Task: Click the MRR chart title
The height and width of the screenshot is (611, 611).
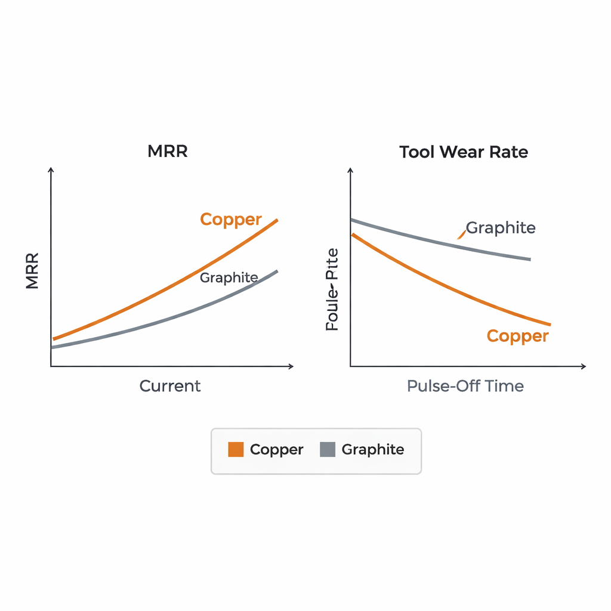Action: pos(168,152)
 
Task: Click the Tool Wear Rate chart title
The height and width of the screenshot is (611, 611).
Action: pos(464,152)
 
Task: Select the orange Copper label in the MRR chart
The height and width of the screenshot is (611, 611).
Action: pos(231,220)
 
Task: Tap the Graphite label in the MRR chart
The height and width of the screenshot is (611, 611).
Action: pos(229,277)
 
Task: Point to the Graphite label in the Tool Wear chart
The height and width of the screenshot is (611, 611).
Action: pos(501,228)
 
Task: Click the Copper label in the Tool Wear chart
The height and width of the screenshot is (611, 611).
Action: pos(517,336)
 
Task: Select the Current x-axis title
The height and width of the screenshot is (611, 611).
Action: pos(170,386)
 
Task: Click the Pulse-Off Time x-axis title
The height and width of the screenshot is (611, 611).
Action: pos(465,386)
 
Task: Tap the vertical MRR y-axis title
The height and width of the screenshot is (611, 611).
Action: pos(32,271)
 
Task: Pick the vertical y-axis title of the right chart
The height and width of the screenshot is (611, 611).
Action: pos(332,290)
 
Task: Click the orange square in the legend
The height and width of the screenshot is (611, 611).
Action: pos(236,449)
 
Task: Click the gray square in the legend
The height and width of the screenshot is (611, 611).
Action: pos(328,449)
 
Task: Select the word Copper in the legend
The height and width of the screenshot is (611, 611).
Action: pos(276,450)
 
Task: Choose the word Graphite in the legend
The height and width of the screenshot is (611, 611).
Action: pos(372,450)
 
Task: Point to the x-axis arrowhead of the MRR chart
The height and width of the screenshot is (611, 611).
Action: pos(291,366)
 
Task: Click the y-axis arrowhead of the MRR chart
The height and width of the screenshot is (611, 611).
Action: pos(51,171)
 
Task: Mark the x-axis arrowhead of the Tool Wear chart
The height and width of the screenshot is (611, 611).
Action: pos(584,366)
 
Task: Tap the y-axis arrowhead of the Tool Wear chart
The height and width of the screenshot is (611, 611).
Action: pos(350,171)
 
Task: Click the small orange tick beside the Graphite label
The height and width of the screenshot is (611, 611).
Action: pos(461,235)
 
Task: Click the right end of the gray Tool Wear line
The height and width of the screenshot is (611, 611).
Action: pos(529,260)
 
